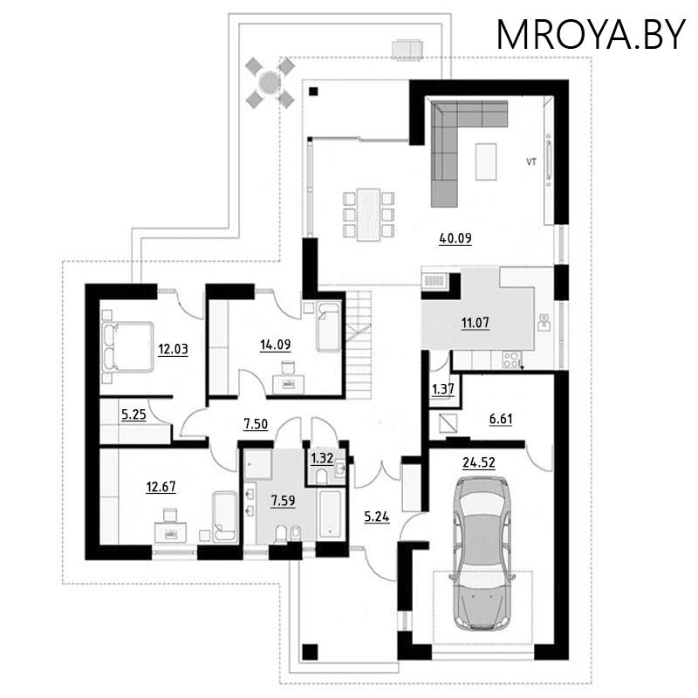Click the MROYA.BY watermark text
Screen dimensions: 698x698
point(591,35)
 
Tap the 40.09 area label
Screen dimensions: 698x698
point(455,238)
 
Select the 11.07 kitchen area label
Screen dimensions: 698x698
point(475,323)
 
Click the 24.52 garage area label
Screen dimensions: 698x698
point(478,463)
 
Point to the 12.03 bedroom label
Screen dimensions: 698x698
point(173,350)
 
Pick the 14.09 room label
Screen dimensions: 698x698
point(275,345)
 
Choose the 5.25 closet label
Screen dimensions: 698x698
point(133,415)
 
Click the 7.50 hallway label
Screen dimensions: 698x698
point(256,424)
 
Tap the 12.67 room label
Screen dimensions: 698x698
point(161,487)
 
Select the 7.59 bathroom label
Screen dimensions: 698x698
point(283,501)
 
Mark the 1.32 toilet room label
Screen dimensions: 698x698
point(322,458)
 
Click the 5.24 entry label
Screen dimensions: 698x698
point(377,517)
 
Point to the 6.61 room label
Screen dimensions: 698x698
point(501,420)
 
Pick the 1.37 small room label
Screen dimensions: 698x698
point(443,389)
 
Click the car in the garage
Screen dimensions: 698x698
point(482,553)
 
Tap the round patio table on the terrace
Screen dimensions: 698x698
point(270,82)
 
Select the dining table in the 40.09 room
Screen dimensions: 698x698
point(368,215)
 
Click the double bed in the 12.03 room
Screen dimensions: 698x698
point(127,347)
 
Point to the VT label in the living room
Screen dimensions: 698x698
point(531,162)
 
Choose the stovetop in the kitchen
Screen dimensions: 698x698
point(512,359)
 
